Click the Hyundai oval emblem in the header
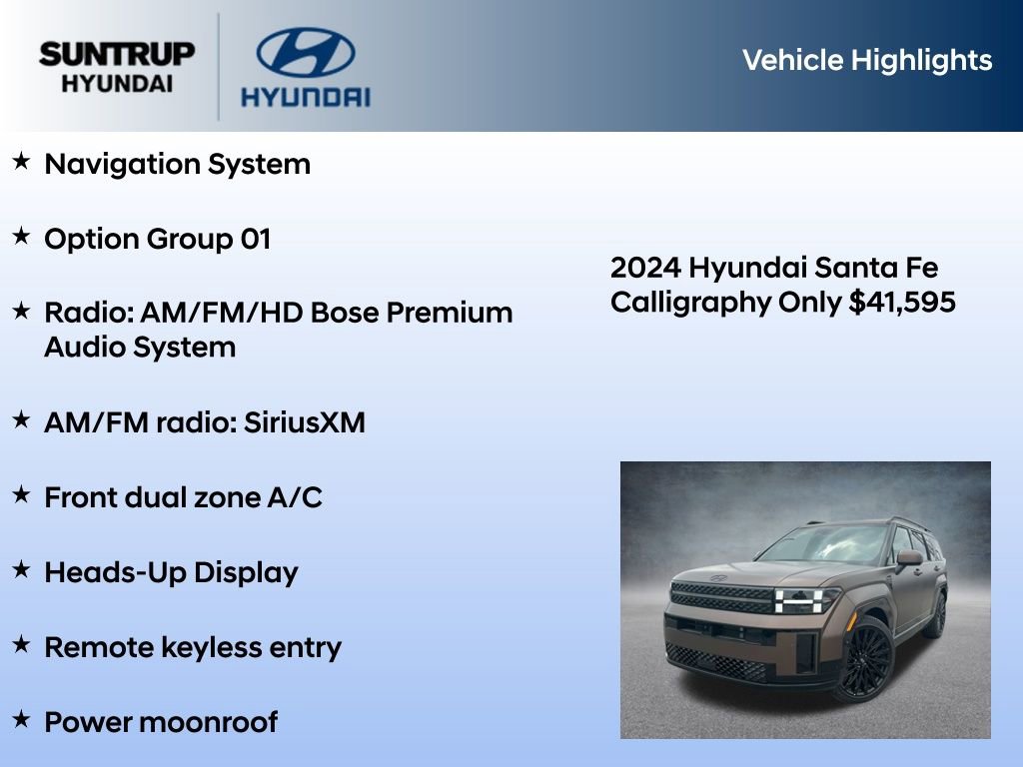pos(305,52)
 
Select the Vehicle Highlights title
pos(867,60)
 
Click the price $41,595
pos(902,302)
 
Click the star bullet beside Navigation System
pos(21,162)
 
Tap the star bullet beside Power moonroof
pos(21,720)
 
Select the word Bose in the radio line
pos(346,313)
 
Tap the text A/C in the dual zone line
pos(297,497)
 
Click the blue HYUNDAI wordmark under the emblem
pos(305,97)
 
